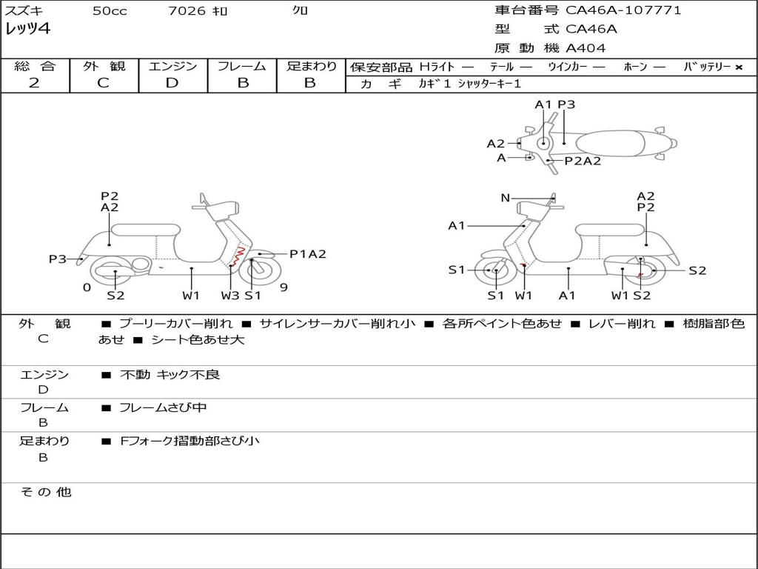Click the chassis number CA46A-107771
[x=623, y=10]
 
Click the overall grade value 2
[x=34, y=83]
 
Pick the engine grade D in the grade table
[x=172, y=83]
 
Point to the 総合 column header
[x=34, y=67]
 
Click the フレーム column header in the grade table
[x=242, y=67]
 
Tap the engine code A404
[x=586, y=48]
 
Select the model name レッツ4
[x=27, y=30]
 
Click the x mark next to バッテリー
[x=738, y=67]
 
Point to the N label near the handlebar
[x=506, y=198]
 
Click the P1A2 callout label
[x=307, y=254]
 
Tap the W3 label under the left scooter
[x=230, y=296]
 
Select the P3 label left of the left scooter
[x=58, y=259]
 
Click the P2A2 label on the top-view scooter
[x=583, y=161]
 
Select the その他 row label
[x=45, y=492]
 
